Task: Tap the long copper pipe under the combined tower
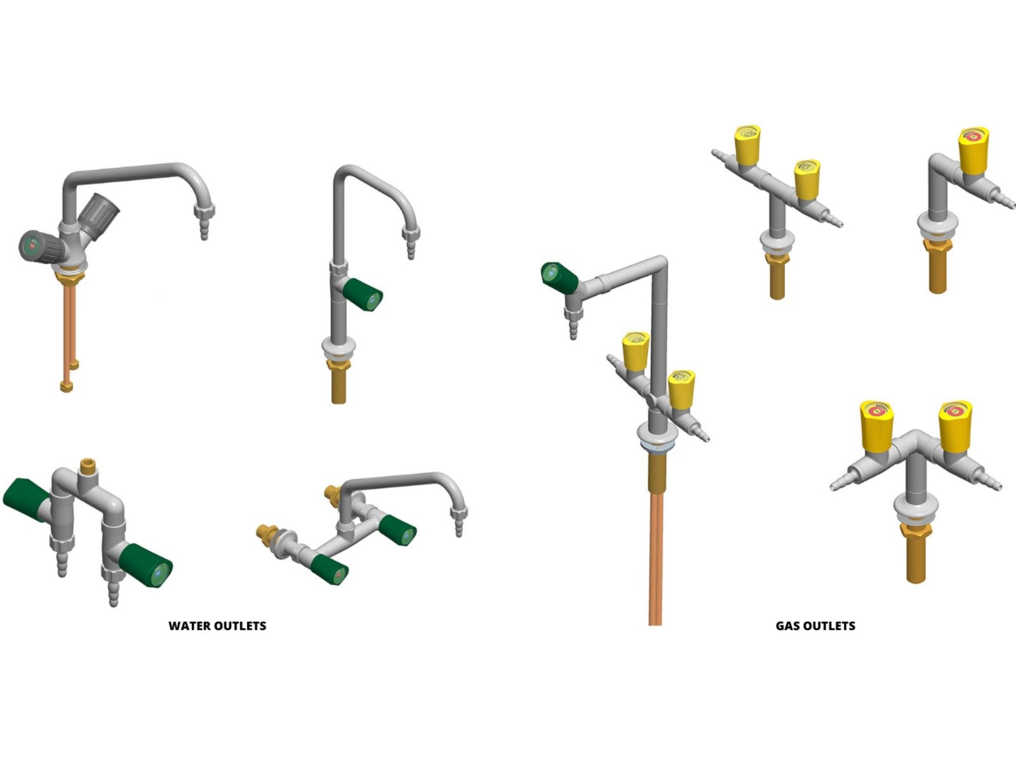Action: [655, 559]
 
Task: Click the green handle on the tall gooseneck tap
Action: [363, 294]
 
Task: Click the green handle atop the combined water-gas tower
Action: [559, 276]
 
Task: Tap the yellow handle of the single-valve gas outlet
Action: [973, 150]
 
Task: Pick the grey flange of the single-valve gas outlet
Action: [937, 225]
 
